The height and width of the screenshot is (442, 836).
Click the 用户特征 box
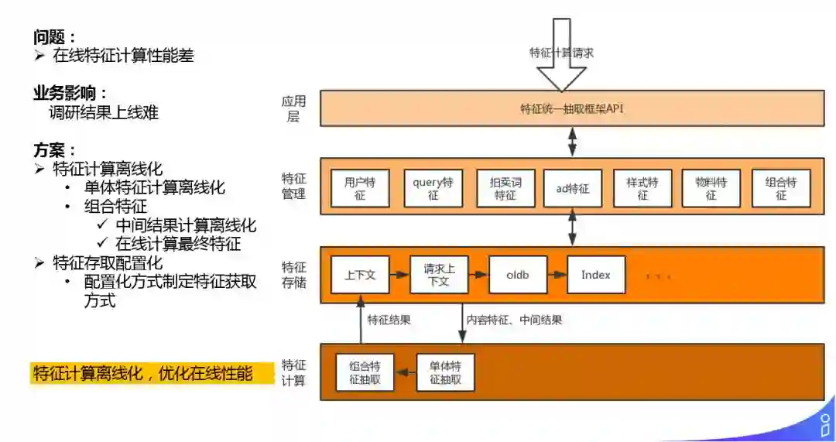point(359,188)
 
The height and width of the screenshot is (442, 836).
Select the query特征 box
point(433,188)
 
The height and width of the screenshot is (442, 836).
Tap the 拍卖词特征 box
point(505,188)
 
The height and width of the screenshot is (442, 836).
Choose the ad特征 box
point(573,188)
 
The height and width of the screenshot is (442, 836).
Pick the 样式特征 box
point(642,188)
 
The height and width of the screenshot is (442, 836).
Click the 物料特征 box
point(711,188)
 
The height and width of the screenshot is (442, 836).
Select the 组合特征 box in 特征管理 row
point(780,188)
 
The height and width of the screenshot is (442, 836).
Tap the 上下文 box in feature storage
point(360,275)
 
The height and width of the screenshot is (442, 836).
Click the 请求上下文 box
point(439,275)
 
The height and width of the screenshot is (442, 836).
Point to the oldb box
point(518,275)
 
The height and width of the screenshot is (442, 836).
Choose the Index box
point(596,275)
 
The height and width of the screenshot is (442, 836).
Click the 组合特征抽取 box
point(365,373)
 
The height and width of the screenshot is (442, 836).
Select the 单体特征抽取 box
point(445,373)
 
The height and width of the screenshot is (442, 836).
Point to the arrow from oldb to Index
point(557,275)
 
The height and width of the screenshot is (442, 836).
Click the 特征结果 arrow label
point(389,320)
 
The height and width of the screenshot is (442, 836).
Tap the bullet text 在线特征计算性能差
point(123,56)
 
